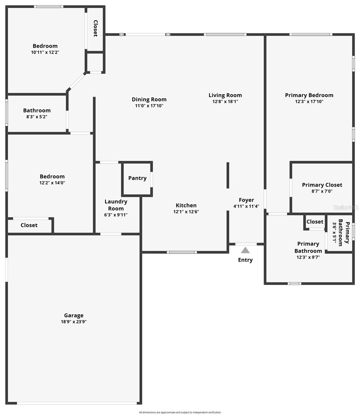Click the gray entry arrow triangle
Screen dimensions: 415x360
245,250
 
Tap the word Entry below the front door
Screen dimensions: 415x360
245,260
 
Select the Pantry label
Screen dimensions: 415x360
137,178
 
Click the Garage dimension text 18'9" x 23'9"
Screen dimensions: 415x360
74,322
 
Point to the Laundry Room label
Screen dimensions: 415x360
116,205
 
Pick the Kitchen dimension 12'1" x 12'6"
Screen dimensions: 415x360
186,212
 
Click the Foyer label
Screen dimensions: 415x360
246,200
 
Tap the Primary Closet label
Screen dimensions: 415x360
322,185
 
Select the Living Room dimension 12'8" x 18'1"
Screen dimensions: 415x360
225,102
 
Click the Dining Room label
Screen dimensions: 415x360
149,100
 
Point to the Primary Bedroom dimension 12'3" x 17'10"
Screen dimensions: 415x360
309,102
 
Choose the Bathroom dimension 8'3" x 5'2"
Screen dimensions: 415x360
37,117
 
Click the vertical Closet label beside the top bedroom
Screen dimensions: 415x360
95,28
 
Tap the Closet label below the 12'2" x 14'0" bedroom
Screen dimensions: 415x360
29,225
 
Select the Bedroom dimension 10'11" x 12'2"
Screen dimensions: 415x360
45,52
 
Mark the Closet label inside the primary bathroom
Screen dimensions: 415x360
315,222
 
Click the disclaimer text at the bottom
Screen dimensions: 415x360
180,412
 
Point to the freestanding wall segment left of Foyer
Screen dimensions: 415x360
228,175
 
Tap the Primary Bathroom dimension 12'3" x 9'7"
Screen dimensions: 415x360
308,257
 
